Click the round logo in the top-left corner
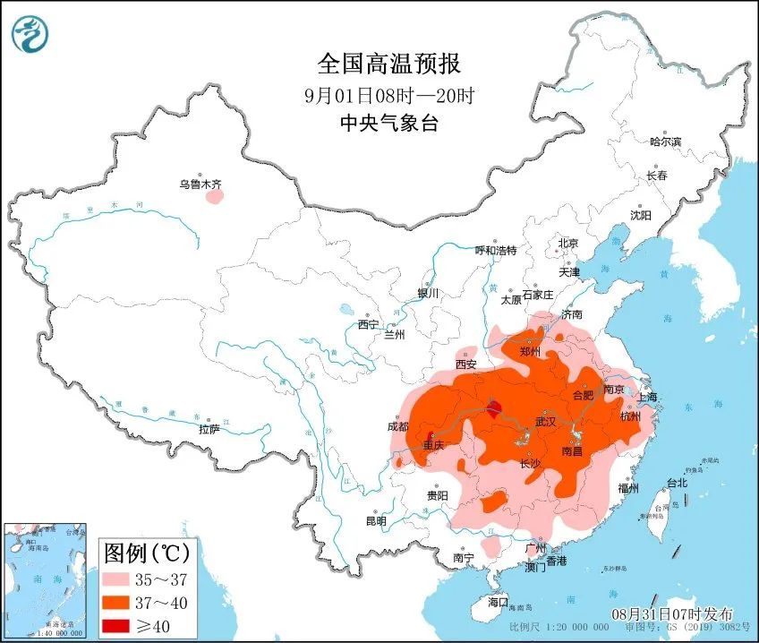click(x=30, y=33)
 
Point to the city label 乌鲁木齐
click(x=200, y=184)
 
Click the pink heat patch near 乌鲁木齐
click(x=214, y=196)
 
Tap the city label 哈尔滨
click(x=665, y=141)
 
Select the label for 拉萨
click(x=209, y=430)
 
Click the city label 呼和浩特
click(x=495, y=250)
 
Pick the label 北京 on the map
click(x=568, y=243)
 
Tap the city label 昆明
click(x=376, y=521)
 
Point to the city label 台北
click(x=676, y=483)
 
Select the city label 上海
click(x=646, y=397)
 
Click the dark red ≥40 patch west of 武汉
click(x=494, y=411)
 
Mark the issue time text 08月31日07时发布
click(x=671, y=614)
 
